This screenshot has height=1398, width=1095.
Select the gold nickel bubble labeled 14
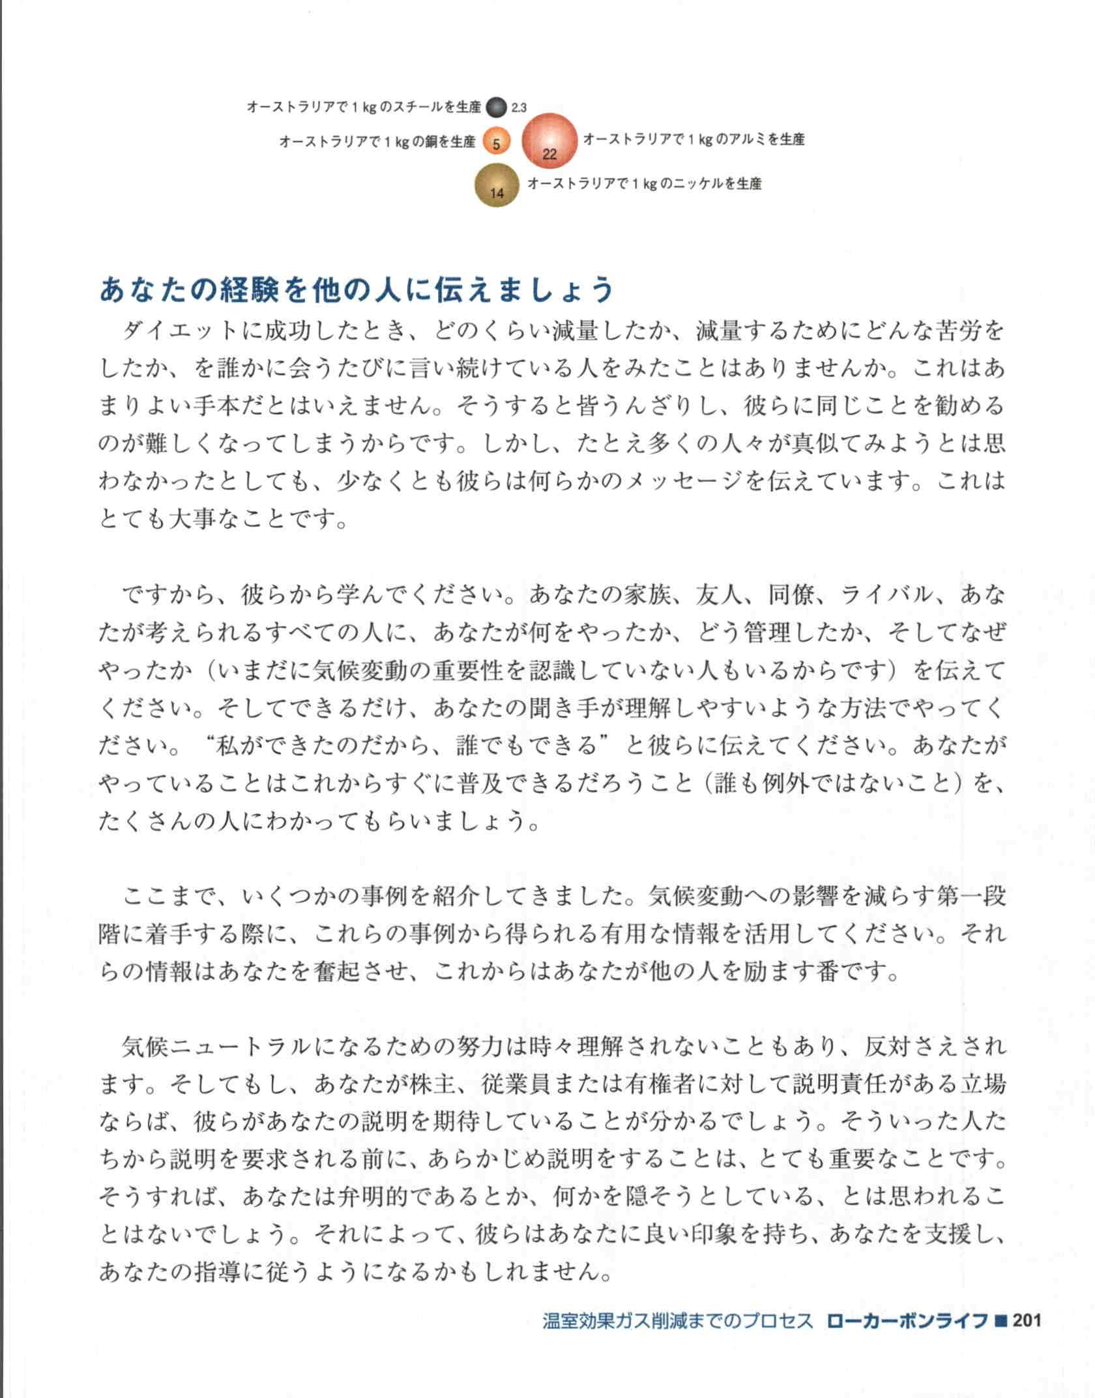click(497, 185)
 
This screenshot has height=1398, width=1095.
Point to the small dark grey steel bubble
click(497, 107)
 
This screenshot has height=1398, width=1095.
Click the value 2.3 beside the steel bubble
click(519, 108)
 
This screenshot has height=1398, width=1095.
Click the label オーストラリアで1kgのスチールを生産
click(364, 107)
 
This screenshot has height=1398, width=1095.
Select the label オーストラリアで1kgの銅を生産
click(377, 141)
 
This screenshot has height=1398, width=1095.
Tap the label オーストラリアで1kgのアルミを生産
click(693, 139)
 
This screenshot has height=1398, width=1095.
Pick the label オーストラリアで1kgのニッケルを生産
click(644, 183)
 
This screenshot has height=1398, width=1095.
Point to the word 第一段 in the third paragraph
click(971, 897)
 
